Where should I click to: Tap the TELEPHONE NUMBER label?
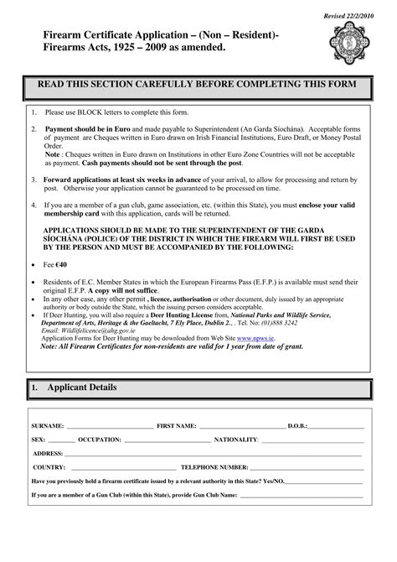(215, 466)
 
